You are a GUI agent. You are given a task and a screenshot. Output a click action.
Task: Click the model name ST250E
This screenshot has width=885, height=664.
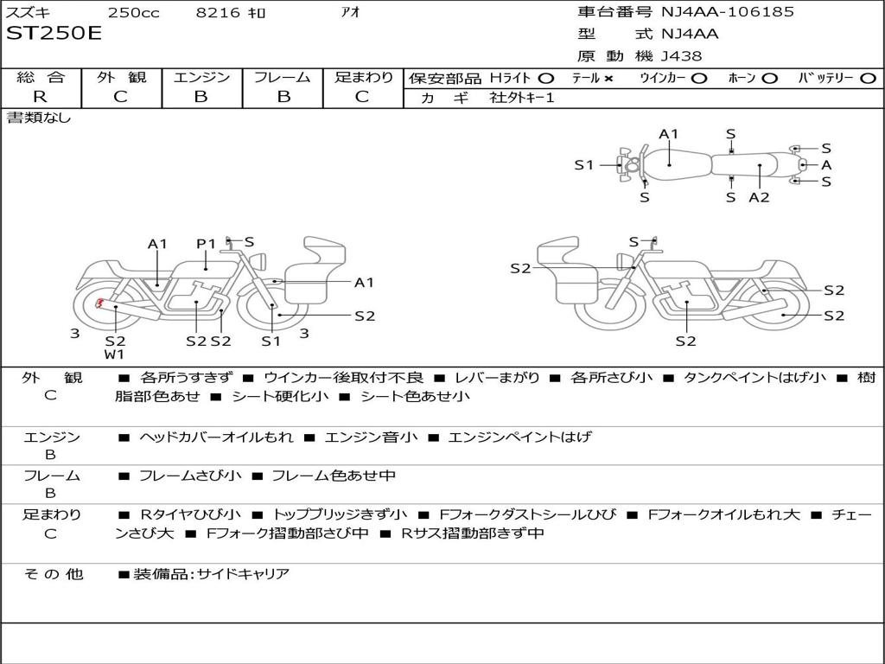coord(54,34)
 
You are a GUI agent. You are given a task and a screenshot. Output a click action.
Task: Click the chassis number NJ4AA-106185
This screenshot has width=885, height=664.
coord(728,12)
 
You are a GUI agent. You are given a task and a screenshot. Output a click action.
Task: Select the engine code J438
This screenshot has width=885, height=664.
coord(682,56)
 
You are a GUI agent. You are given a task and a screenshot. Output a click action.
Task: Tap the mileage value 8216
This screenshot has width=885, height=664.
coord(218,12)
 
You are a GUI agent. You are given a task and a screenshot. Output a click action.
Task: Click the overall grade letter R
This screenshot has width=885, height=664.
coord(40,97)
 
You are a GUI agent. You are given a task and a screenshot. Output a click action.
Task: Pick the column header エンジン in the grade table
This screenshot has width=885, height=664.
coord(201,77)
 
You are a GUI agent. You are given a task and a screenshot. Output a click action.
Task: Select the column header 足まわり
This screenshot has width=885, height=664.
coord(363,77)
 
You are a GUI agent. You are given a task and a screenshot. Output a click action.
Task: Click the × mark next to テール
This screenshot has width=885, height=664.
coord(608,78)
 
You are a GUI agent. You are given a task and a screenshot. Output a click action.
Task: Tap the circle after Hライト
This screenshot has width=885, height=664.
coord(546,78)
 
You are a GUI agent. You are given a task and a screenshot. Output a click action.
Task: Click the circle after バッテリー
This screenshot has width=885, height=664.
coord(868,78)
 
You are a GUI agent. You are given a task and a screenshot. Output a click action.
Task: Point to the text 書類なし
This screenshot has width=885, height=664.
coord(39,118)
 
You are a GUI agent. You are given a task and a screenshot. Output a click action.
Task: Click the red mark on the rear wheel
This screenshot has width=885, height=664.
coord(99,303)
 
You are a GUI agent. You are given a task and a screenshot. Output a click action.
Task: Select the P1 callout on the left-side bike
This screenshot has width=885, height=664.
coord(206,244)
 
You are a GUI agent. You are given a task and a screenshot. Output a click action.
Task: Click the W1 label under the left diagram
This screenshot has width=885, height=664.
coord(115,354)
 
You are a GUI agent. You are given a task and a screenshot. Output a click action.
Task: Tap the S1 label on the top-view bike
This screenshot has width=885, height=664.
coord(584,164)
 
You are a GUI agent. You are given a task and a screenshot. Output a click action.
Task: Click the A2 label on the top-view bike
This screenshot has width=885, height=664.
coord(759,197)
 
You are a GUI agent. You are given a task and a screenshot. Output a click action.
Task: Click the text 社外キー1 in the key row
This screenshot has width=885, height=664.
coord(522,98)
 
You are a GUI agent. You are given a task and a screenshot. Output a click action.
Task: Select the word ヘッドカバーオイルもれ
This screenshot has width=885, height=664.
coord(216,437)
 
